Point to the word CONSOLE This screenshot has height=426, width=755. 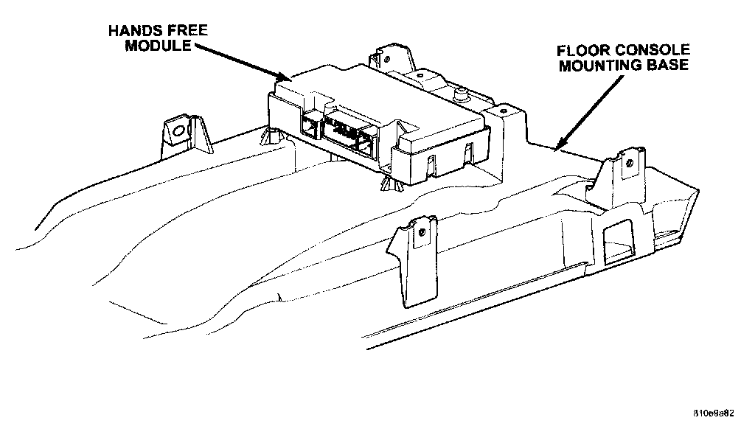655,51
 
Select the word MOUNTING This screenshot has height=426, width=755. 599,65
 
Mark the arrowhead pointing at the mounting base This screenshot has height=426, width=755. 560,144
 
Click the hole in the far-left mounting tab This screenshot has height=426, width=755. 178,132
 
